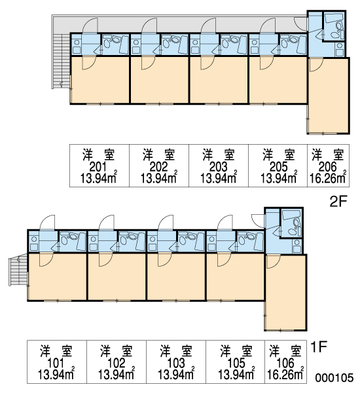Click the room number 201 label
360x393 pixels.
(x=98, y=166)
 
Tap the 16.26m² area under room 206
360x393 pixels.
(x=328, y=178)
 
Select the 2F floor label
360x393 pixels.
(x=338, y=202)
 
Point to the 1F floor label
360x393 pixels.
(x=318, y=347)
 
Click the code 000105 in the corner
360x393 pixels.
(x=334, y=377)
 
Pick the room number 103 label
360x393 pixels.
(x=176, y=363)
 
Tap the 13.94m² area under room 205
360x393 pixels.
(x=279, y=178)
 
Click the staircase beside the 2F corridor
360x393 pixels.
(x=62, y=61)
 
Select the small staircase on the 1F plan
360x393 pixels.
(x=18, y=270)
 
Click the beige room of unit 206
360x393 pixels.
(x=329, y=96)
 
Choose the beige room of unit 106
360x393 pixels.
(x=286, y=292)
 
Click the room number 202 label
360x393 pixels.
(x=158, y=166)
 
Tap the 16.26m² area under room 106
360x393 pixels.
(x=285, y=374)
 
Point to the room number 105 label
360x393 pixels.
(x=237, y=363)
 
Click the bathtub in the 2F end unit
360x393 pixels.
(x=333, y=18)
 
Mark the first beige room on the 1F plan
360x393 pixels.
(x=58, y=276)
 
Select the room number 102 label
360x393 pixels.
(x=117, y=363)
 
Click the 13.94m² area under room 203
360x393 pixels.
(x=219, y=178)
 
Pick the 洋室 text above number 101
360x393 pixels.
(x=56, y=351)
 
